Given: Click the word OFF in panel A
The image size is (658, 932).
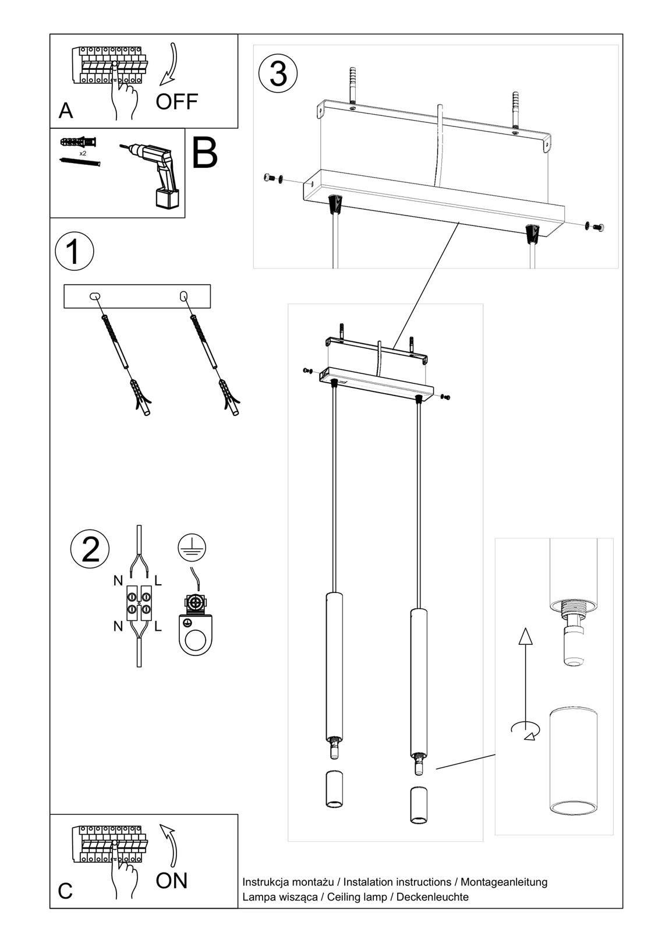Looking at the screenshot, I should point(177,102).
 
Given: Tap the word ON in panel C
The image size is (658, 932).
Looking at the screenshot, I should point(172,881).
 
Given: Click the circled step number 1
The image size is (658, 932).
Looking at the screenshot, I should point(74,252).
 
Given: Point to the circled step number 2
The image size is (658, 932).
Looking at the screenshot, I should point(90,549).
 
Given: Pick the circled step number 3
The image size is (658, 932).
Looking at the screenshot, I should point(278,74).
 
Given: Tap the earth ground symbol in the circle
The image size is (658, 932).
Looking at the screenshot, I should point(192,547).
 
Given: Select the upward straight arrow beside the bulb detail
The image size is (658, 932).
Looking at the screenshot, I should point(525,670).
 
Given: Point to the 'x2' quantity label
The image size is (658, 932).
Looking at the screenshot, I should point(83,153).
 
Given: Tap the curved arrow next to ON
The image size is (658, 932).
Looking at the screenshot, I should point(170,845).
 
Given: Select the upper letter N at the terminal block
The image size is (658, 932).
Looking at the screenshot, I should point(118,581).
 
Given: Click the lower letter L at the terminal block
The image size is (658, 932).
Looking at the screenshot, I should point(158,627).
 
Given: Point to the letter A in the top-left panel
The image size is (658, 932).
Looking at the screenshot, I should point(66,110).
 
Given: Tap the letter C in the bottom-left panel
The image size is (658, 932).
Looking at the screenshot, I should point(65,892).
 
